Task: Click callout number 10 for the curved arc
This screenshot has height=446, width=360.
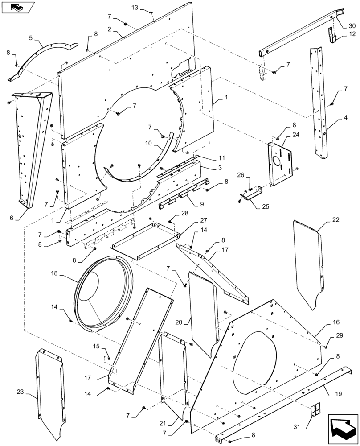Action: point(148,143)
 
